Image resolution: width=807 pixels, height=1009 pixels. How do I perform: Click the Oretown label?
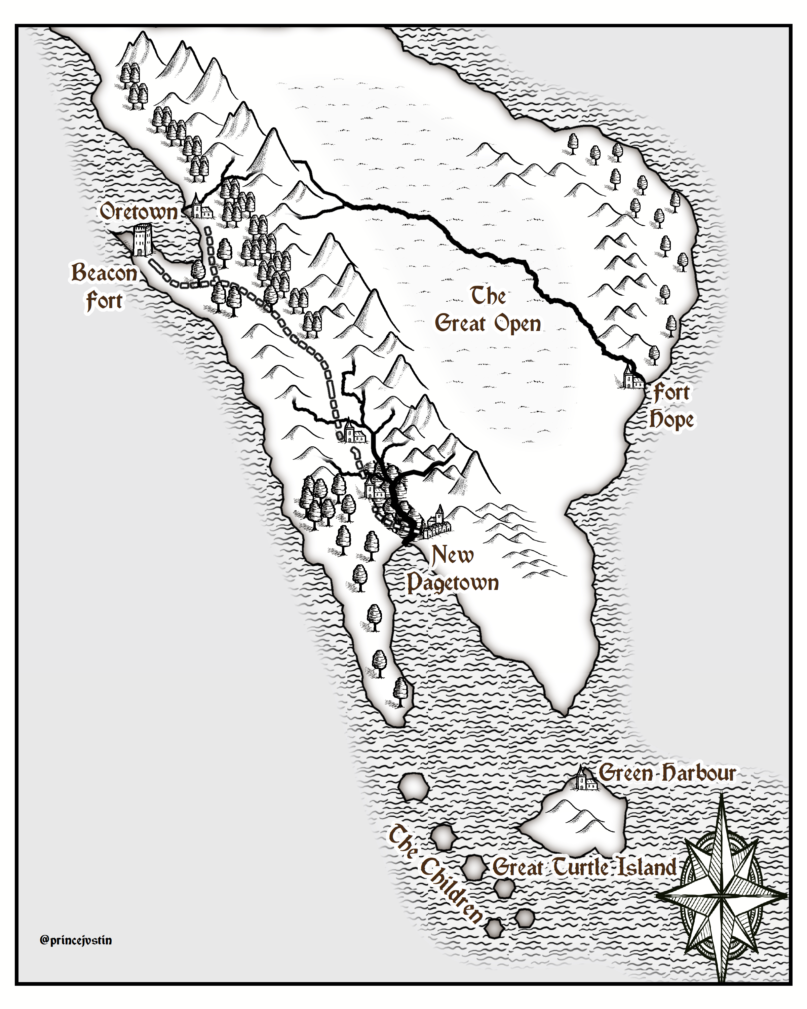click(x=139, y=212)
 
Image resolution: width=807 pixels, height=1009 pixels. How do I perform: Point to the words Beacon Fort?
click(x=104, y=287)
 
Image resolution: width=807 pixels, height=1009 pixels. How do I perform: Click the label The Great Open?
click(x=488, y=310)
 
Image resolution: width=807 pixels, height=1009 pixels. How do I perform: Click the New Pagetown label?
click(x=452, y=569)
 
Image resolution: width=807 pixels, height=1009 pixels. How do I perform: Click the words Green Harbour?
click(x=667, y=773)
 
